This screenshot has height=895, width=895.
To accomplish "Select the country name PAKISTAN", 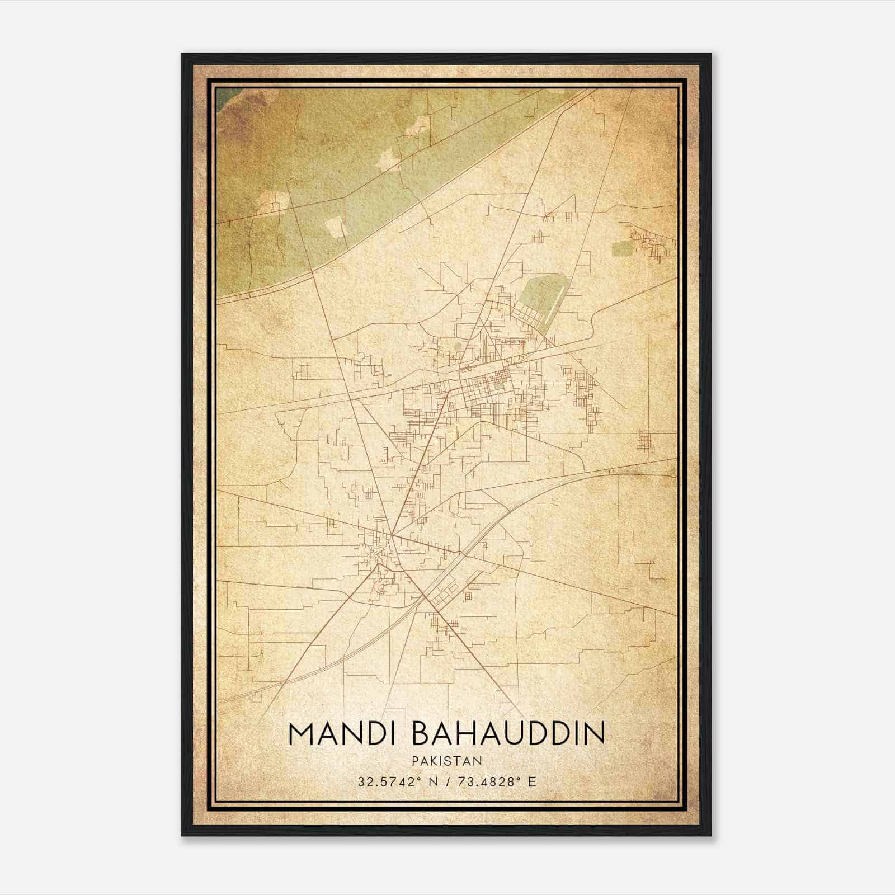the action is pos(446,761).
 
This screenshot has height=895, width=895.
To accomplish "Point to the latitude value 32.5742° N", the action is pos(398,781).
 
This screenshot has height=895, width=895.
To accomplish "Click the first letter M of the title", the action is pos(302,734).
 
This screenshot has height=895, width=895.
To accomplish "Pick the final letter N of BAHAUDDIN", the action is pos(596,734).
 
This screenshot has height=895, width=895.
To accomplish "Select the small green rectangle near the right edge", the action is pos(621,248).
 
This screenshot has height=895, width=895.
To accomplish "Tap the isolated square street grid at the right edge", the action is pos(645,441).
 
